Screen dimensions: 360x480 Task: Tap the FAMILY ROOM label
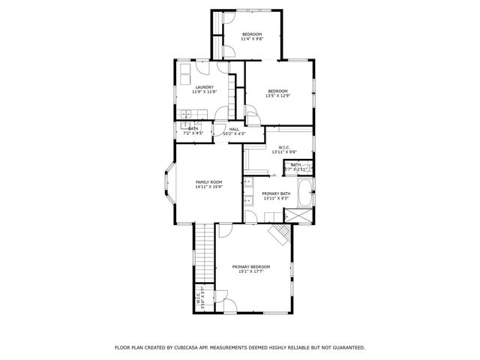tap(209, 182)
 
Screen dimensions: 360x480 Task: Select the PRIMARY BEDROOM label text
tap(250, 267)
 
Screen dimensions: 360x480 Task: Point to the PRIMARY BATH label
tap(275, 193)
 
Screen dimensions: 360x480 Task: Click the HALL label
tap(234, 129)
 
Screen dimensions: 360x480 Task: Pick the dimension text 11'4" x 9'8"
tap(252, 40)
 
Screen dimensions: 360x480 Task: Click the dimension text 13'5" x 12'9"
tap(278, 96)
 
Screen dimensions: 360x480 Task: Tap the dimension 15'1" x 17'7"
tap(250, 272)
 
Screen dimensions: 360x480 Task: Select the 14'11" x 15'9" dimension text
tap(209, 187)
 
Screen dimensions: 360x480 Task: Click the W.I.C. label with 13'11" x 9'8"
tap(283, 148)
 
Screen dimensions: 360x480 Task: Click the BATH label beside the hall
tap(193, 129)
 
